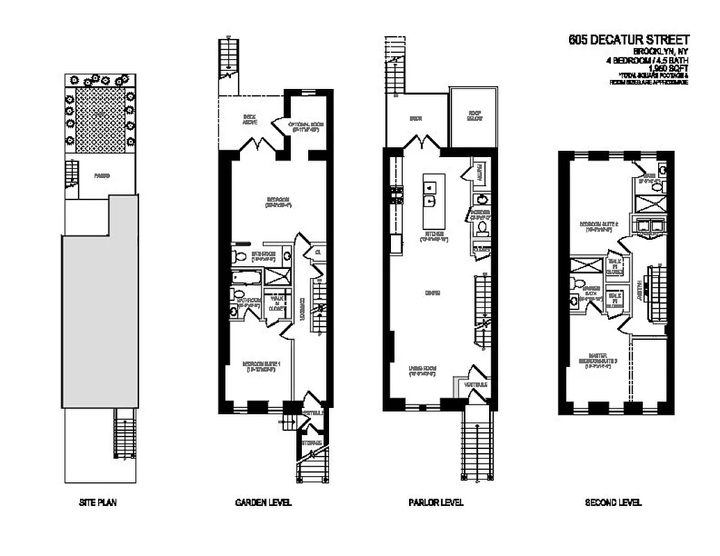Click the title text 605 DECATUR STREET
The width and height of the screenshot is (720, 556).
[628, 40]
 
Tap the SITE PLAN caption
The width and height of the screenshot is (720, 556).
[97, 502]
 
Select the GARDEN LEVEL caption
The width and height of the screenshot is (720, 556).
[264, 502]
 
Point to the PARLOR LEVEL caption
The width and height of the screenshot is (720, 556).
[435, 502]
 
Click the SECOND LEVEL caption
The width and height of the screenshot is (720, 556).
[613, 502]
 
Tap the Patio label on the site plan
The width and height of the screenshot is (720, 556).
[102, 177]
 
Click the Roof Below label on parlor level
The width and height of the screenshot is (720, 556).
[474, 117]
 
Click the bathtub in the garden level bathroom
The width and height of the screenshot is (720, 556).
[248, 279]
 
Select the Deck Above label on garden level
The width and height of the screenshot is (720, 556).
[250, 120]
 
